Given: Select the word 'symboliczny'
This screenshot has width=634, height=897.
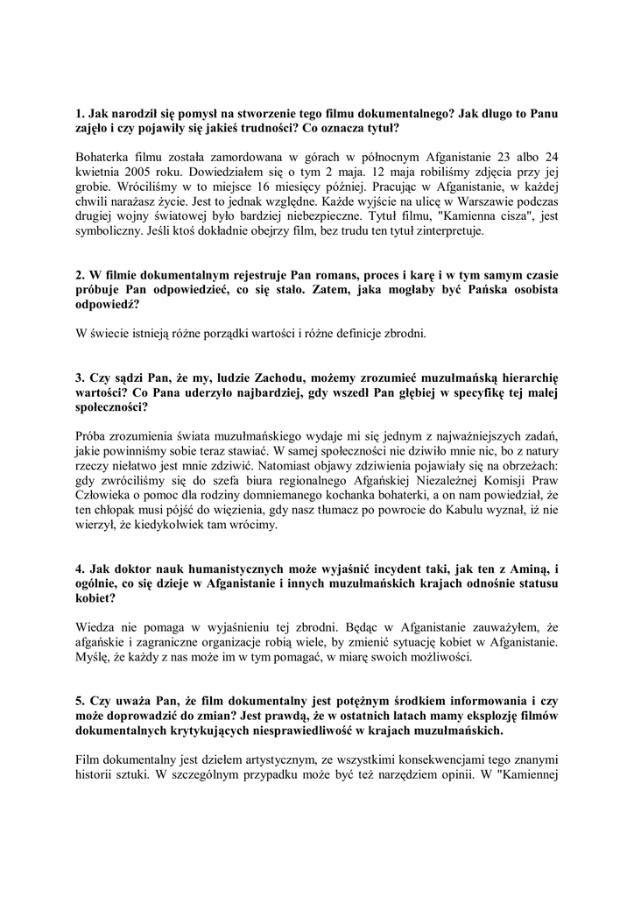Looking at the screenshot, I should [111, 232].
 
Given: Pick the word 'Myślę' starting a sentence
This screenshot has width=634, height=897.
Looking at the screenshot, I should [94, 657].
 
